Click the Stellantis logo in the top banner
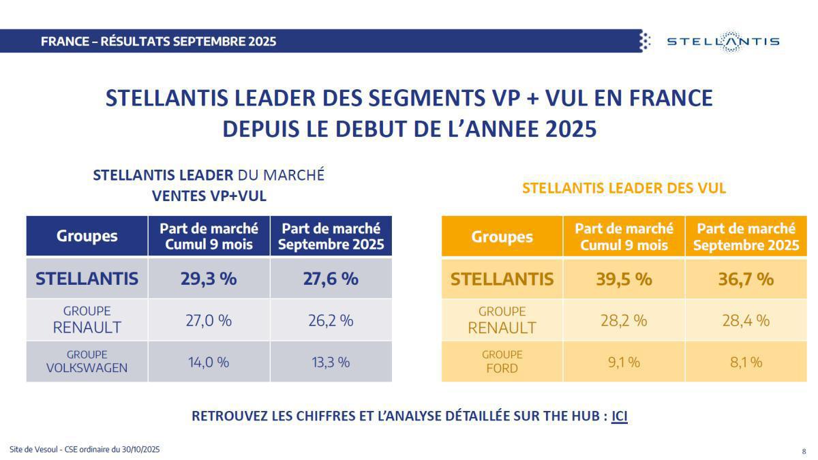point(722,42)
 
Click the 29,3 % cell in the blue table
point(209,279)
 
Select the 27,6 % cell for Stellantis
point(331,279)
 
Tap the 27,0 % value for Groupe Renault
point(209,320)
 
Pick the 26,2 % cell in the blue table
point(331,320)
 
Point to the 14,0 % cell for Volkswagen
point(209,362)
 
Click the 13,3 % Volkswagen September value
point(331,362)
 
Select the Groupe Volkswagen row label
point(87,362)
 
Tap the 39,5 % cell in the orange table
point(624,279)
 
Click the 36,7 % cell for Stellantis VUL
point(746,279)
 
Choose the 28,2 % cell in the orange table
point(624,320)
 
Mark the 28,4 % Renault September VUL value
point(746,320)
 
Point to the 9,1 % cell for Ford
point(624,362)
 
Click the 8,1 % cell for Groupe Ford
point(746,362)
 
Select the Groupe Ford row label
point(502,362)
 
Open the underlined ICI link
point(619,416)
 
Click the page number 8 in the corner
point(803,451)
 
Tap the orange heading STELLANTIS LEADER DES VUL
point(624,188)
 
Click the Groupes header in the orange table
point(502,237)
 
